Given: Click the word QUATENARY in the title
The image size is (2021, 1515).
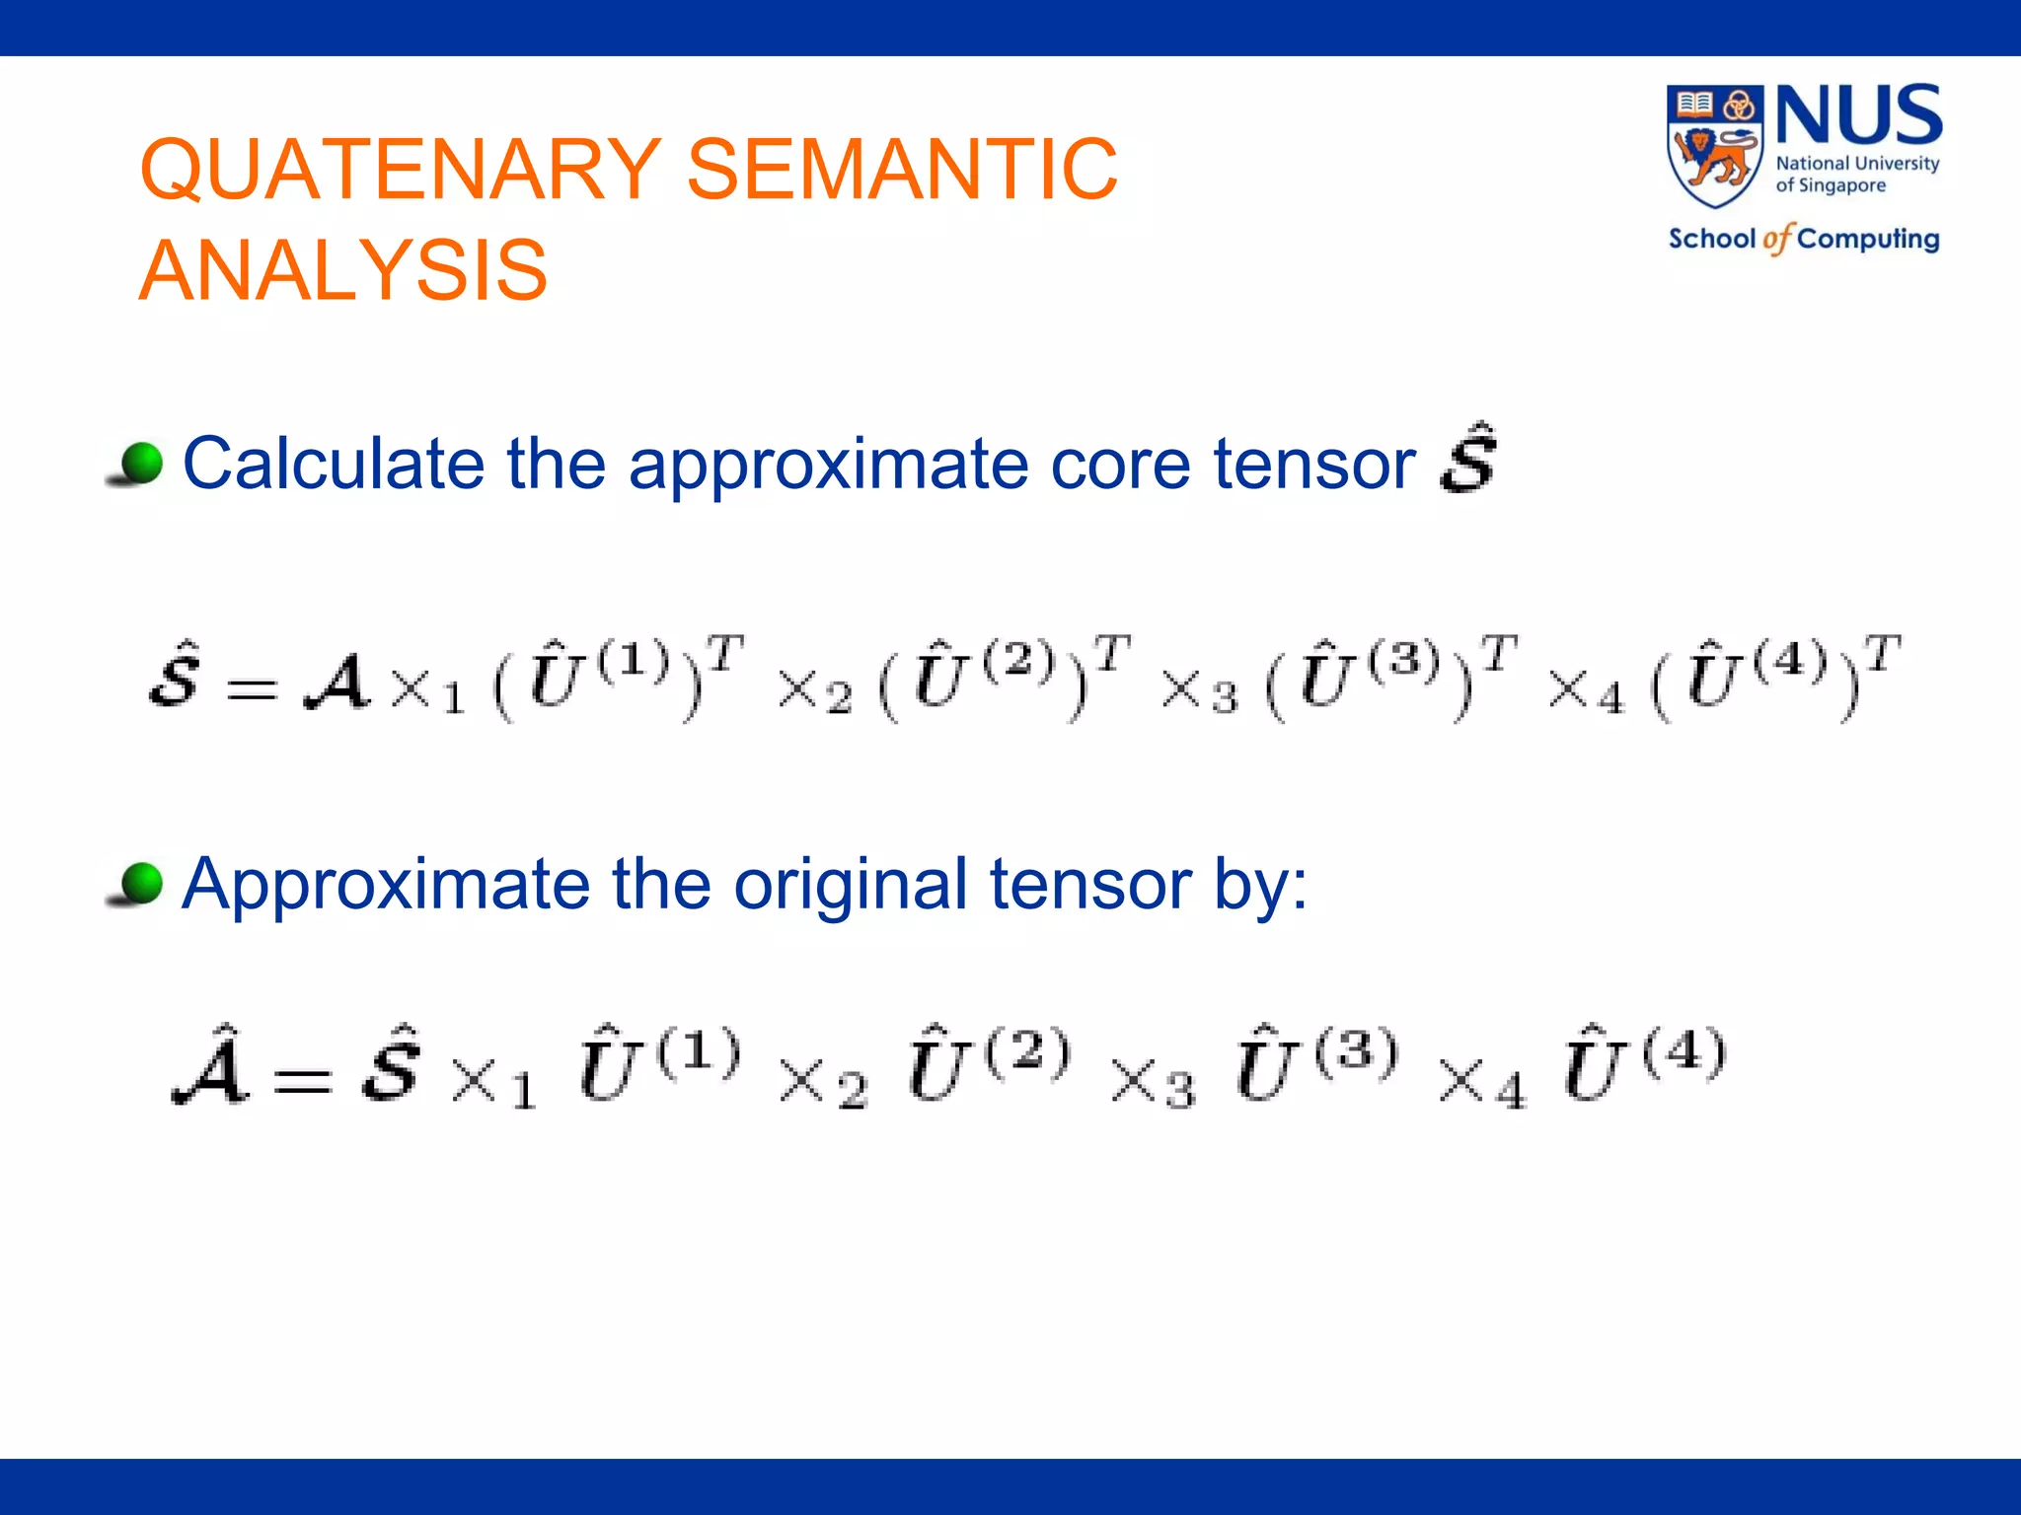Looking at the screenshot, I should pos(401,169).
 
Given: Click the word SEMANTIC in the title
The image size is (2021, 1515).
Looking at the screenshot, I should pos(902,169).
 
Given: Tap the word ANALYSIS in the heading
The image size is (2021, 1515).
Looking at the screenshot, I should pos(343,270).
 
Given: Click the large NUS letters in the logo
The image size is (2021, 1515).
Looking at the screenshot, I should pos(1858,115).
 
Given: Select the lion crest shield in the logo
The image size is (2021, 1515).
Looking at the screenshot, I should pos(1714,146).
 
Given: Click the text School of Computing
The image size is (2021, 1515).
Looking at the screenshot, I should pos(1803,239).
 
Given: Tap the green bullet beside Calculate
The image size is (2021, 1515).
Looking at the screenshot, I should pos(138,464).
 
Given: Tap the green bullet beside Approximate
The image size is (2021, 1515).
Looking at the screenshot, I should pos(138,883).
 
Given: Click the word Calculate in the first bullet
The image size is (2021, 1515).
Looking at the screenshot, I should pos(333,464).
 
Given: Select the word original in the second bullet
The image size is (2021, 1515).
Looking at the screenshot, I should pos(850,885).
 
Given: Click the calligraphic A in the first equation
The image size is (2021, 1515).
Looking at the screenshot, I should pos(337,683).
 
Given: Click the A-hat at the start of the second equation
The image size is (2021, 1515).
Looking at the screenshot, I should pos(210,1067).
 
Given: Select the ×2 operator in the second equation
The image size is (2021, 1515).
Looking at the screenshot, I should pos(822,1083).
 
